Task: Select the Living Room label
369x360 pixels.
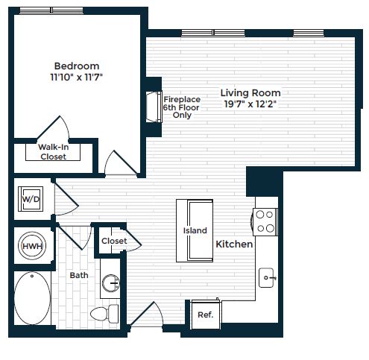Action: (x=250, y=92)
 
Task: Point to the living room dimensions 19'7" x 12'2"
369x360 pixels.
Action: (x=250, y=104)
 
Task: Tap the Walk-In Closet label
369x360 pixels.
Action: (x=53, y=152)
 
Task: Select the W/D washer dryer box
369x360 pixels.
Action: (x=31, y=200)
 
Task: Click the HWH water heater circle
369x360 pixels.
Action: (x=31, y=247)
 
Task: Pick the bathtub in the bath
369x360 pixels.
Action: (x=32, y=300)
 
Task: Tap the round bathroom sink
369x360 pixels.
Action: (x=111, y=283)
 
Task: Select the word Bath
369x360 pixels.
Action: (x=79, y=275)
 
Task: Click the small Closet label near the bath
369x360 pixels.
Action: (x=114, y=241)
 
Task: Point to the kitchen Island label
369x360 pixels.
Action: (x=195, y=231)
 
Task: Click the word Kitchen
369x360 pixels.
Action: (x=234, y=244)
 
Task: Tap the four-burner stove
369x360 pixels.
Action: (x=265, y=221)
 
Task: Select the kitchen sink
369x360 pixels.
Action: (x=268, y=279)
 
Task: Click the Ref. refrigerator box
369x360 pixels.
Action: (x=206, y=315)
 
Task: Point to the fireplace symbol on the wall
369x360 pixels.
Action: (x=154, y=104)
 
